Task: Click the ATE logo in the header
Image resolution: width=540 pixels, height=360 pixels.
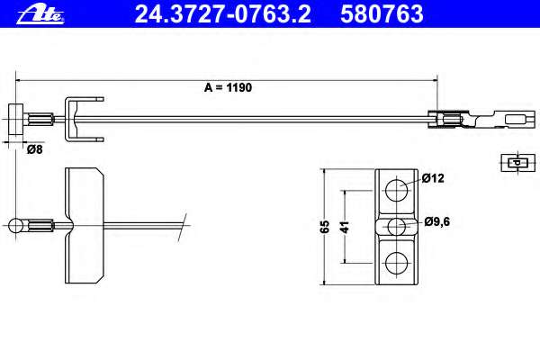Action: [x=40, y=14]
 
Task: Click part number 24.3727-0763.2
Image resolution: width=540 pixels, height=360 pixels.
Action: [x=223, y=14]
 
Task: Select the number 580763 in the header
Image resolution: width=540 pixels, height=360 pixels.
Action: [x=382, y=14]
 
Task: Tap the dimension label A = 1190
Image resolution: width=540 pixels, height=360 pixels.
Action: [x=228, y=87]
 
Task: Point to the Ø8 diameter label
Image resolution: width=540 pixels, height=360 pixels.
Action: [x=35, y=149]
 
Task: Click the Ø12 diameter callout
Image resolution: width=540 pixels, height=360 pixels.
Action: [x=433, y=178]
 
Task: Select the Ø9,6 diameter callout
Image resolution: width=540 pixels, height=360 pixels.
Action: [x=437, y=221]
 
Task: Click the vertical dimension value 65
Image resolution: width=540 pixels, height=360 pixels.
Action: [x=325, y=226]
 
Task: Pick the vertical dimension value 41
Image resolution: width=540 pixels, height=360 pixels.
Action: [x=345, y=227]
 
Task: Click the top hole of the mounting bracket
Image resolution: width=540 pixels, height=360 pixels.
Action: [x=396, y=190]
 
